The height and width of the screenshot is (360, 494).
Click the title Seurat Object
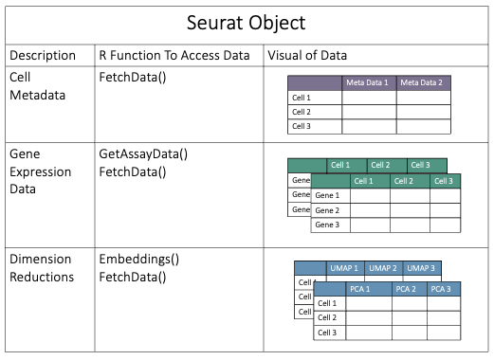point(247,22)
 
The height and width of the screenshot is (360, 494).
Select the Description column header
point(46,54)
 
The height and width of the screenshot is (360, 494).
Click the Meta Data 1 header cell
point(369,82)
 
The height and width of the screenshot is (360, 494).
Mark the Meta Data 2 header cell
point(423,82)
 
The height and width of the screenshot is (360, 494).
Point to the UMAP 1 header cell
point(345,268)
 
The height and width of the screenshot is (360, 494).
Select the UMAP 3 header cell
point(420,268)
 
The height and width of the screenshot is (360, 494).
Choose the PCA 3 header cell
point(442,288)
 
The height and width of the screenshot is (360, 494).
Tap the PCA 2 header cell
point(406,288)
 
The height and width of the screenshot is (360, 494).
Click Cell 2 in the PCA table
point(327,318)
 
